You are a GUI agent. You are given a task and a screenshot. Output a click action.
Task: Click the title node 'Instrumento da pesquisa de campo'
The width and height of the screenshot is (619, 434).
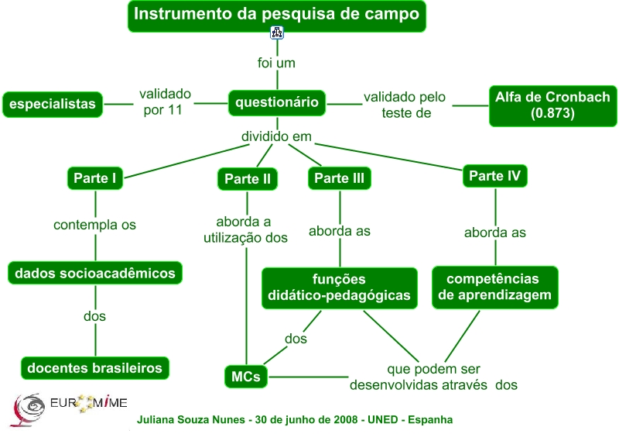click(x=277, y=15)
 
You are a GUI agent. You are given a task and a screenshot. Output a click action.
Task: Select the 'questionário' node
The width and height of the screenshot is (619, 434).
click(x=277, y=102)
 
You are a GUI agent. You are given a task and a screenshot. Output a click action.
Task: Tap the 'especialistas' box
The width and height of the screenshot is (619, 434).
click(x=53, y=104)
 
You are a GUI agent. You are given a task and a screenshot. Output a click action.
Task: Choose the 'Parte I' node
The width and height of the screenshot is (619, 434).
click(x=95, y=178)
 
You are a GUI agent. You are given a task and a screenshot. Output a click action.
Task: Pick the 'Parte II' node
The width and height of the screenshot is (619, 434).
click(x=247, y=179)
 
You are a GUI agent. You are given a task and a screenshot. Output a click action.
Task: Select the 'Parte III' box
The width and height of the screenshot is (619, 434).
click(x=340, y=178)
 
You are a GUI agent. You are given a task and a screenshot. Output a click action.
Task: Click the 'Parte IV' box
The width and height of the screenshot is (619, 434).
click(x=494, y=176)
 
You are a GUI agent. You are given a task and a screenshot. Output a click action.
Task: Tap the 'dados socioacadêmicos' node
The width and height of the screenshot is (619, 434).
click(x=95, y=273)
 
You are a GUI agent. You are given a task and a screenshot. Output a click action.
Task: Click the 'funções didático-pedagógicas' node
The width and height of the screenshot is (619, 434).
click(x=339, y=288)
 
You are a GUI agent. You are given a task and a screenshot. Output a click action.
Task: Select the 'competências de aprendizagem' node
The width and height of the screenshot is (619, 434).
click(x=494, y=287)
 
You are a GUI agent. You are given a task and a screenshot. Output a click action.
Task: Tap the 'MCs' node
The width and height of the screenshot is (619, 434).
click(x=246, y=377)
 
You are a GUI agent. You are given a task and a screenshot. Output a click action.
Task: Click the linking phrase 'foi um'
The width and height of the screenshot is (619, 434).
click(x=277, y=62)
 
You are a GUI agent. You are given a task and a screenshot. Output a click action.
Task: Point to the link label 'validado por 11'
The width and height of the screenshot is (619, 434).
click(x=165, y=102)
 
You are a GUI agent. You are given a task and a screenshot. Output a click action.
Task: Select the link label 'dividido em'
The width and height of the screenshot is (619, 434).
click(x=276, y=136)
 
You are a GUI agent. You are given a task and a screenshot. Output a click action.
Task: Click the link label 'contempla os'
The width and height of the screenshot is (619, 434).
click(x=94, y=225)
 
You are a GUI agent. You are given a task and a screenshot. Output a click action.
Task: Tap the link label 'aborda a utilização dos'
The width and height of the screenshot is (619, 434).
click(x=245, y=230)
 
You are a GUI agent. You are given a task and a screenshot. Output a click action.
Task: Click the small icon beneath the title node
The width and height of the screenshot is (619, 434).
click(x=277, y=33)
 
